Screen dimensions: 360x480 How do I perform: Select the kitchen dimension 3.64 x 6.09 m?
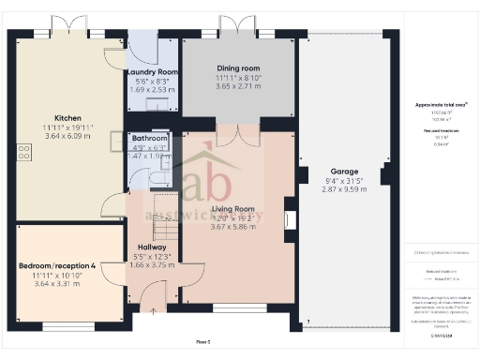[66, 136]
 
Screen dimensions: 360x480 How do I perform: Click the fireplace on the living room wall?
[290, 220]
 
